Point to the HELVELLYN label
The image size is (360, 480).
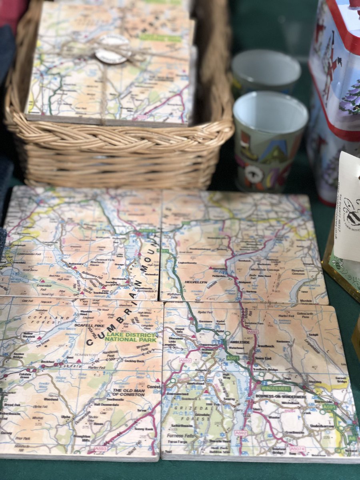(196, 282)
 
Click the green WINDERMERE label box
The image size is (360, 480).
(276, 388)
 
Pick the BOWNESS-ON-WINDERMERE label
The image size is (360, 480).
(280, 397)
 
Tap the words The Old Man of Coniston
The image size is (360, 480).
(127, 392)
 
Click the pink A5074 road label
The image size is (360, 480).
(297, 449)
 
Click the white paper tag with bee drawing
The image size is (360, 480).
(348, 208)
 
